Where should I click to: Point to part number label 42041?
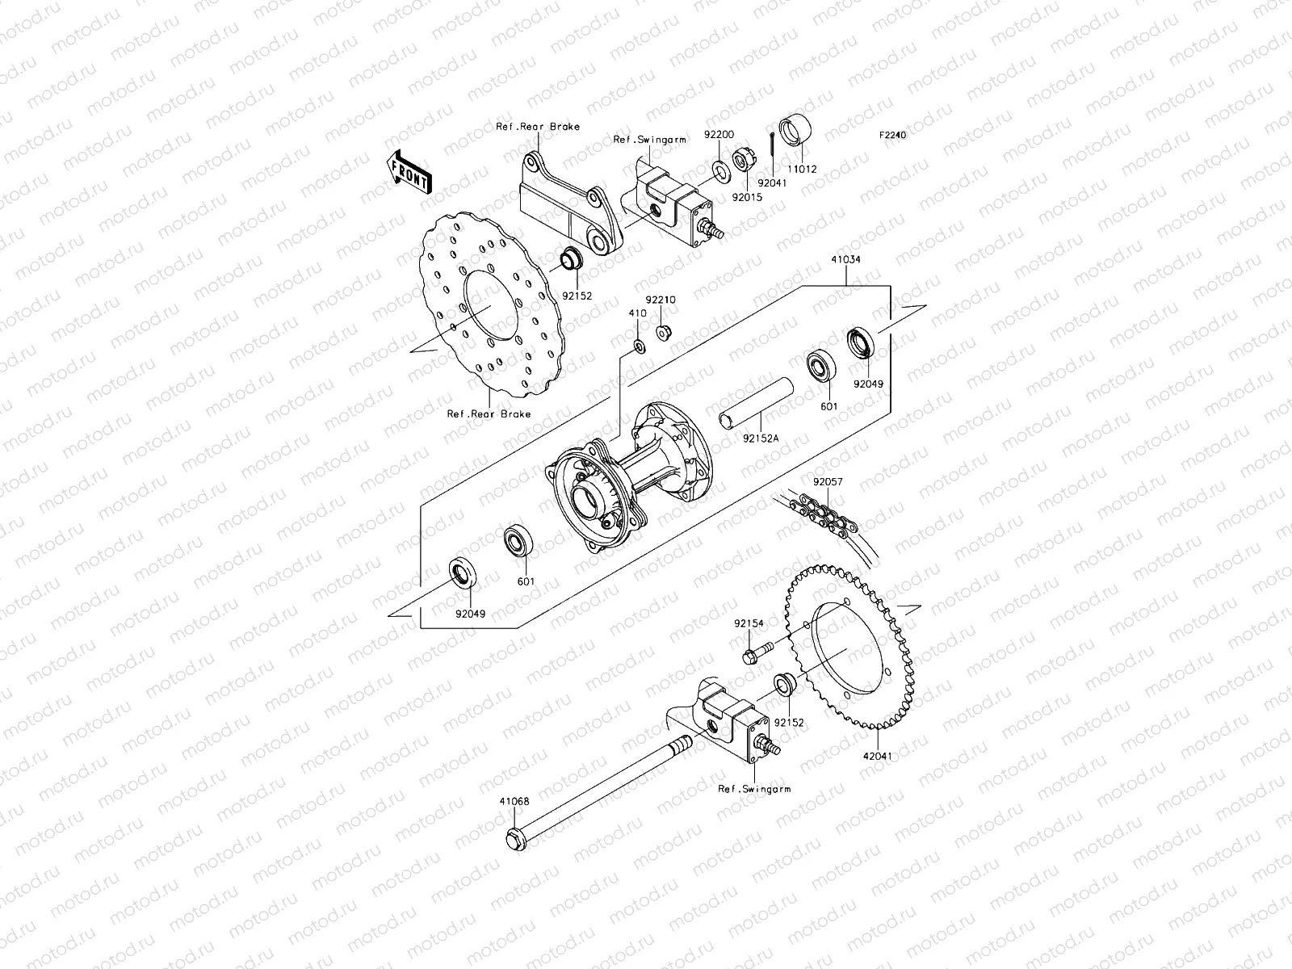point(878,757)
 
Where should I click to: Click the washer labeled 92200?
point(718,170)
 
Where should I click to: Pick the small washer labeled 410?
point(637,347)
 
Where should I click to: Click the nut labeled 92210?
point(664,331)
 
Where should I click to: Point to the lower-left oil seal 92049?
point(464,576)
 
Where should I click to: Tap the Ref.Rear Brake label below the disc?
point(489,414)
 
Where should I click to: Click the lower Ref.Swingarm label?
point(754,789)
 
